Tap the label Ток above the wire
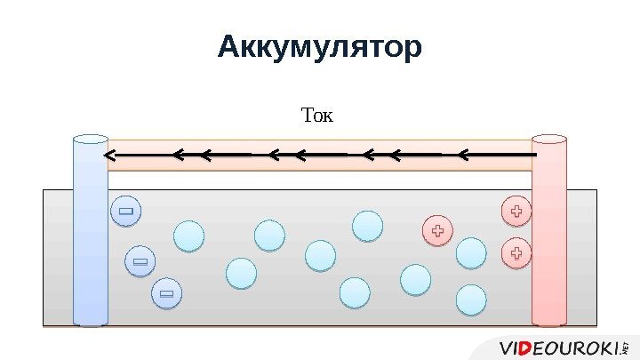coord(317,116)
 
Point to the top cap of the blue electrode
coord(90,140)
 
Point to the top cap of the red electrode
coord(548,140)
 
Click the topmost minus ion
coord(126,212)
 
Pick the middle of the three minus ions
coord(140,261)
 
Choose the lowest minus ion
coord(166,292)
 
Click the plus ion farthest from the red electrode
coord(437,231)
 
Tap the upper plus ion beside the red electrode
coord(516,212)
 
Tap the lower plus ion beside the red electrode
coord(516,253)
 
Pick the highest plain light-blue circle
coord(367,226)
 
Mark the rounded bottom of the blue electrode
coord(90,323)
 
